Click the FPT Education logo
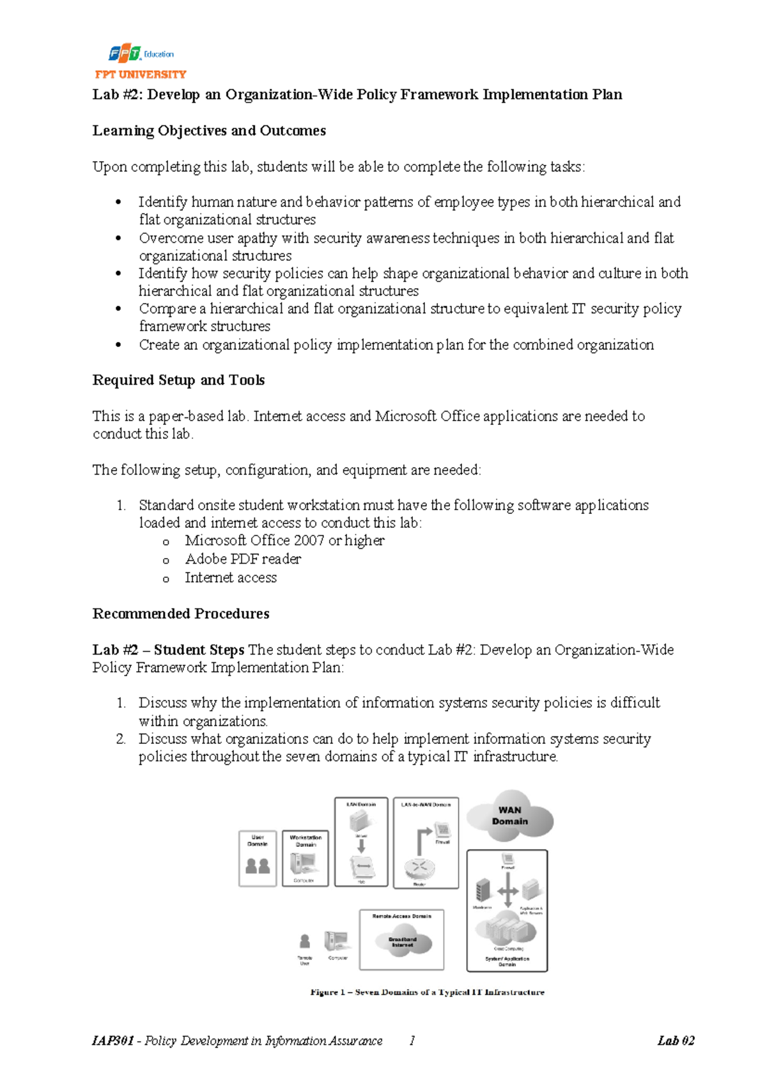(141, 54)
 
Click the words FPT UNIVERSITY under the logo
(141, 74)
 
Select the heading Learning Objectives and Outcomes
(209, 130)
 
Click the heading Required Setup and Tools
(178, 380)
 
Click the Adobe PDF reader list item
(243, 559)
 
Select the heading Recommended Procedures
(181, 614)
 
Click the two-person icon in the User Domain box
(258, 865)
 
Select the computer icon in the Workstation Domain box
(303, 863)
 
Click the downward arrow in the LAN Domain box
(361, 846)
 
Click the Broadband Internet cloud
(403, 942)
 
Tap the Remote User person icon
(305, 941)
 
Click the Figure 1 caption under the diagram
(427, 992)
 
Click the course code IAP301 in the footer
(113, 1041)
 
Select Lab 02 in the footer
(676, 1041)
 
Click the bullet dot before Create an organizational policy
(118, 345)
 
